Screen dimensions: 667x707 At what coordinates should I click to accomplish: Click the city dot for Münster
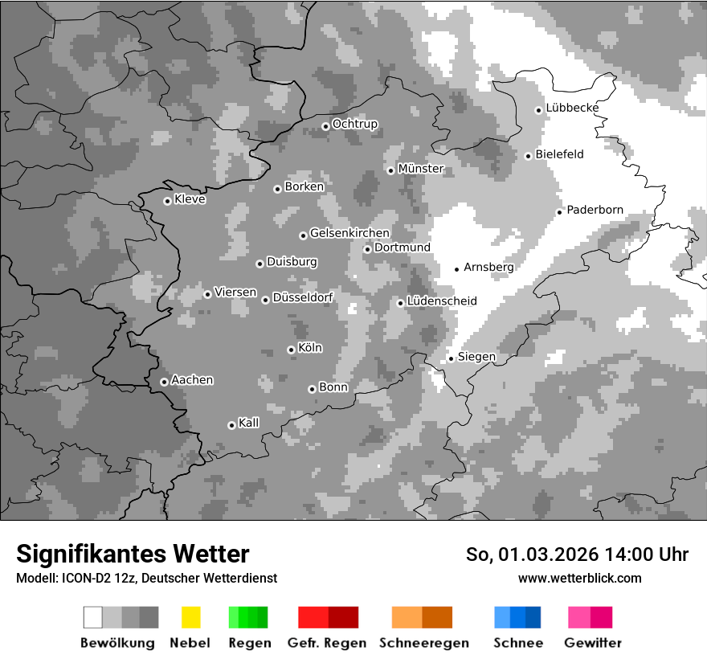pyautogui.click(x=390, y=170)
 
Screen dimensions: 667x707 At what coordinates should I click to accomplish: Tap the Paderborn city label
pyautogui.click(x=595, y=211)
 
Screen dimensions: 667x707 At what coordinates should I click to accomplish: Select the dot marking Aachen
pyautogui.click(x=164, y=382)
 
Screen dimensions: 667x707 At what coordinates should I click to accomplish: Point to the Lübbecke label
pyautogui.click(x=572, y=108)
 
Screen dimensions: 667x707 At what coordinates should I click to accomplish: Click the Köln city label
pyautogui.click(x=309, y=348)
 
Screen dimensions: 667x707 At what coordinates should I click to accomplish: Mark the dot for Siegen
pyautogui.click(x=451, y=358)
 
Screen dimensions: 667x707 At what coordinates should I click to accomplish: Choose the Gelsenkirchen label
pyautogui.click(x=349, y=234)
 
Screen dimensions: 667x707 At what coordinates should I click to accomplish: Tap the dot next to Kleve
pyautogui.click(x=167, y=201)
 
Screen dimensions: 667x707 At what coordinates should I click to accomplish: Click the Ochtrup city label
pyautogui.click(x=354, y=125)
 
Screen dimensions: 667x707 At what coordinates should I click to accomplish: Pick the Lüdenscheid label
pyautogui.click(x=442, y=301)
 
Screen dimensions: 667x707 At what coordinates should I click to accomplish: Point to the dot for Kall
pyautogui.click(x=231, y=425)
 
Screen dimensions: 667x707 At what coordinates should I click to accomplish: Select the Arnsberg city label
pyautogui.click(x=488, y=267)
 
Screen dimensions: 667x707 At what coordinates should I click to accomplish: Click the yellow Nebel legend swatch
pyautogui.click(x=190, y=617)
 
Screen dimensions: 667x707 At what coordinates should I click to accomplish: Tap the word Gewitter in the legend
pyautogui.click(x=592, y=643)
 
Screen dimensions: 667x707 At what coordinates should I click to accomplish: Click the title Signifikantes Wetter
pyautogui.click(x=133, y=554)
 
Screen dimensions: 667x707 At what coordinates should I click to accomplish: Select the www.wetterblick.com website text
pyautogui.click(x=579, y=578)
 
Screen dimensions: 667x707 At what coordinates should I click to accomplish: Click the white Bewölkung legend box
pyautogui.click(x=93, y=617)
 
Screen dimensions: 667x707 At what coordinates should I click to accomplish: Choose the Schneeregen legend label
pyautogui.click(x=423, y=643)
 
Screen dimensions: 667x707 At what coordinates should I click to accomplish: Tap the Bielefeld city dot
pyautogui.click(x=528, y=156)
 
